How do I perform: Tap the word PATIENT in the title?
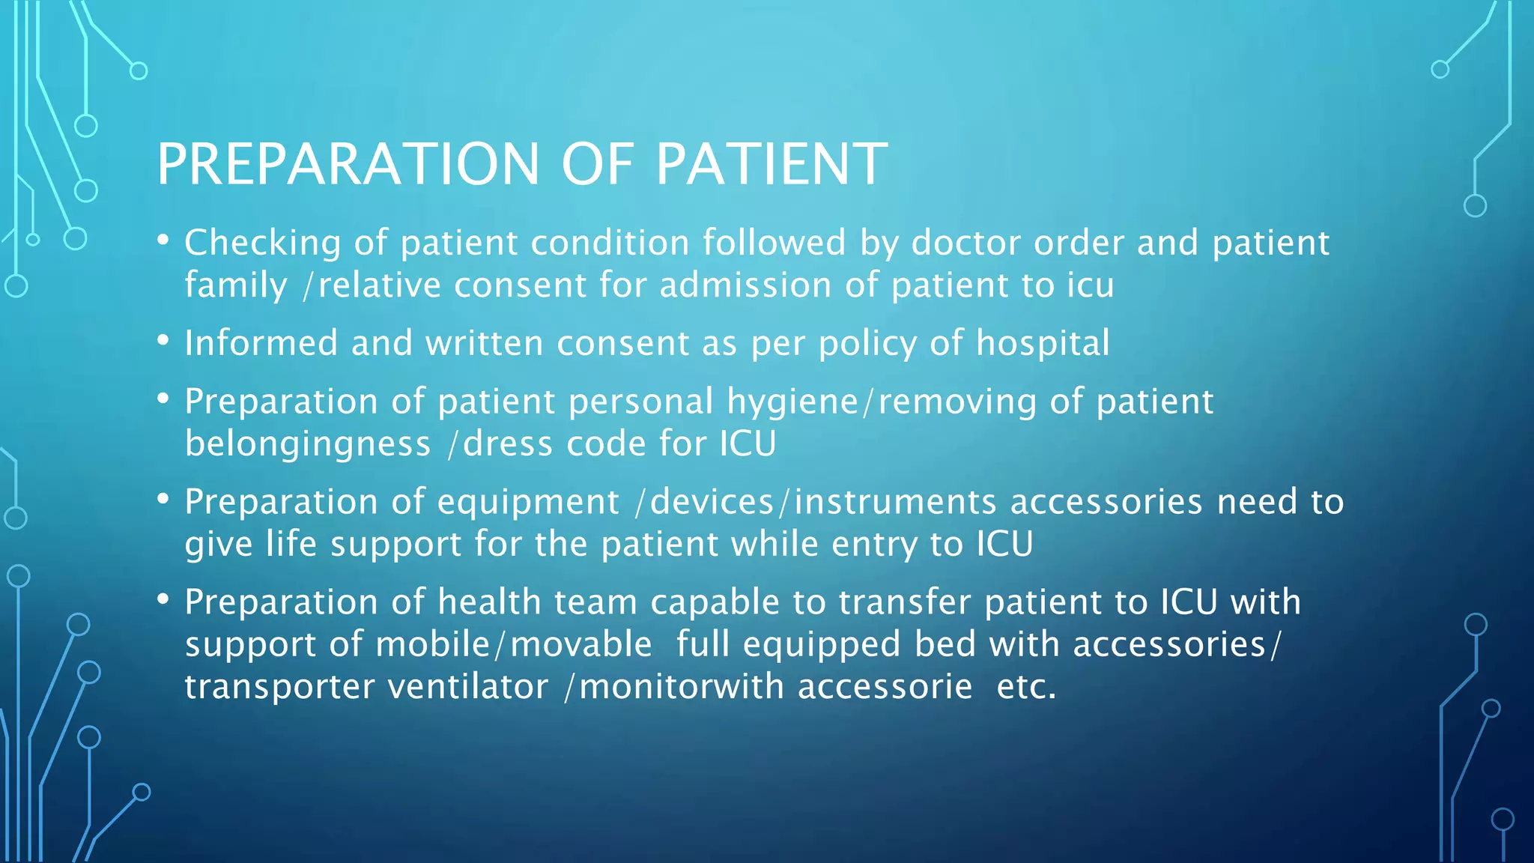[771, 164]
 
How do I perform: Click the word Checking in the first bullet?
[263, 243]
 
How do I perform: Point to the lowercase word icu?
[1090, 285]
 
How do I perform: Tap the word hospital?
[1043, 344]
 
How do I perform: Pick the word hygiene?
[792, 402]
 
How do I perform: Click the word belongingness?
[308, 444]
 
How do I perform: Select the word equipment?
[528, 503]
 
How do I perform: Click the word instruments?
[895, 502]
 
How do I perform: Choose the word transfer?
[904, 602]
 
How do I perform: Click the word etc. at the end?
[1026, 687]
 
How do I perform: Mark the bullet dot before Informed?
[163, 341]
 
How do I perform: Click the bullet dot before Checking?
[163, 240]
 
